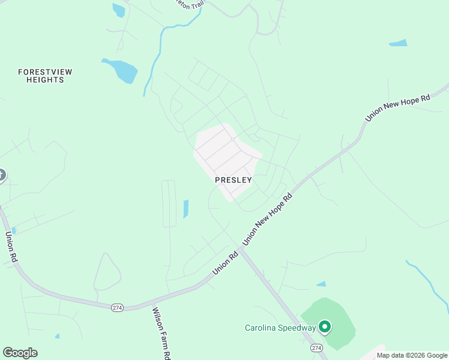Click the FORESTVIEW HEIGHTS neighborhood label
[x=45, y=76]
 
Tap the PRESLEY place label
[x=234, y=179]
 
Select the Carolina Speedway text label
[x=280, y=328]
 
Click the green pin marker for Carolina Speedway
[x=325, y=327]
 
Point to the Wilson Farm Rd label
[x=159, y=334]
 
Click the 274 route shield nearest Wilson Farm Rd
[x=117, y=307]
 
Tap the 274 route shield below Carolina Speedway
[x=316, y=348]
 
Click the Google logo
[x=20, y=353]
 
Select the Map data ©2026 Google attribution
[x=412, y=355]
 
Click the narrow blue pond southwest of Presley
[x=185, y=209]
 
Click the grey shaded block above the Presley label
[x=225, y=153]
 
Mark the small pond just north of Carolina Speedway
[x=321, y=284]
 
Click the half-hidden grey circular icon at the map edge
[x=2, y=175]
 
